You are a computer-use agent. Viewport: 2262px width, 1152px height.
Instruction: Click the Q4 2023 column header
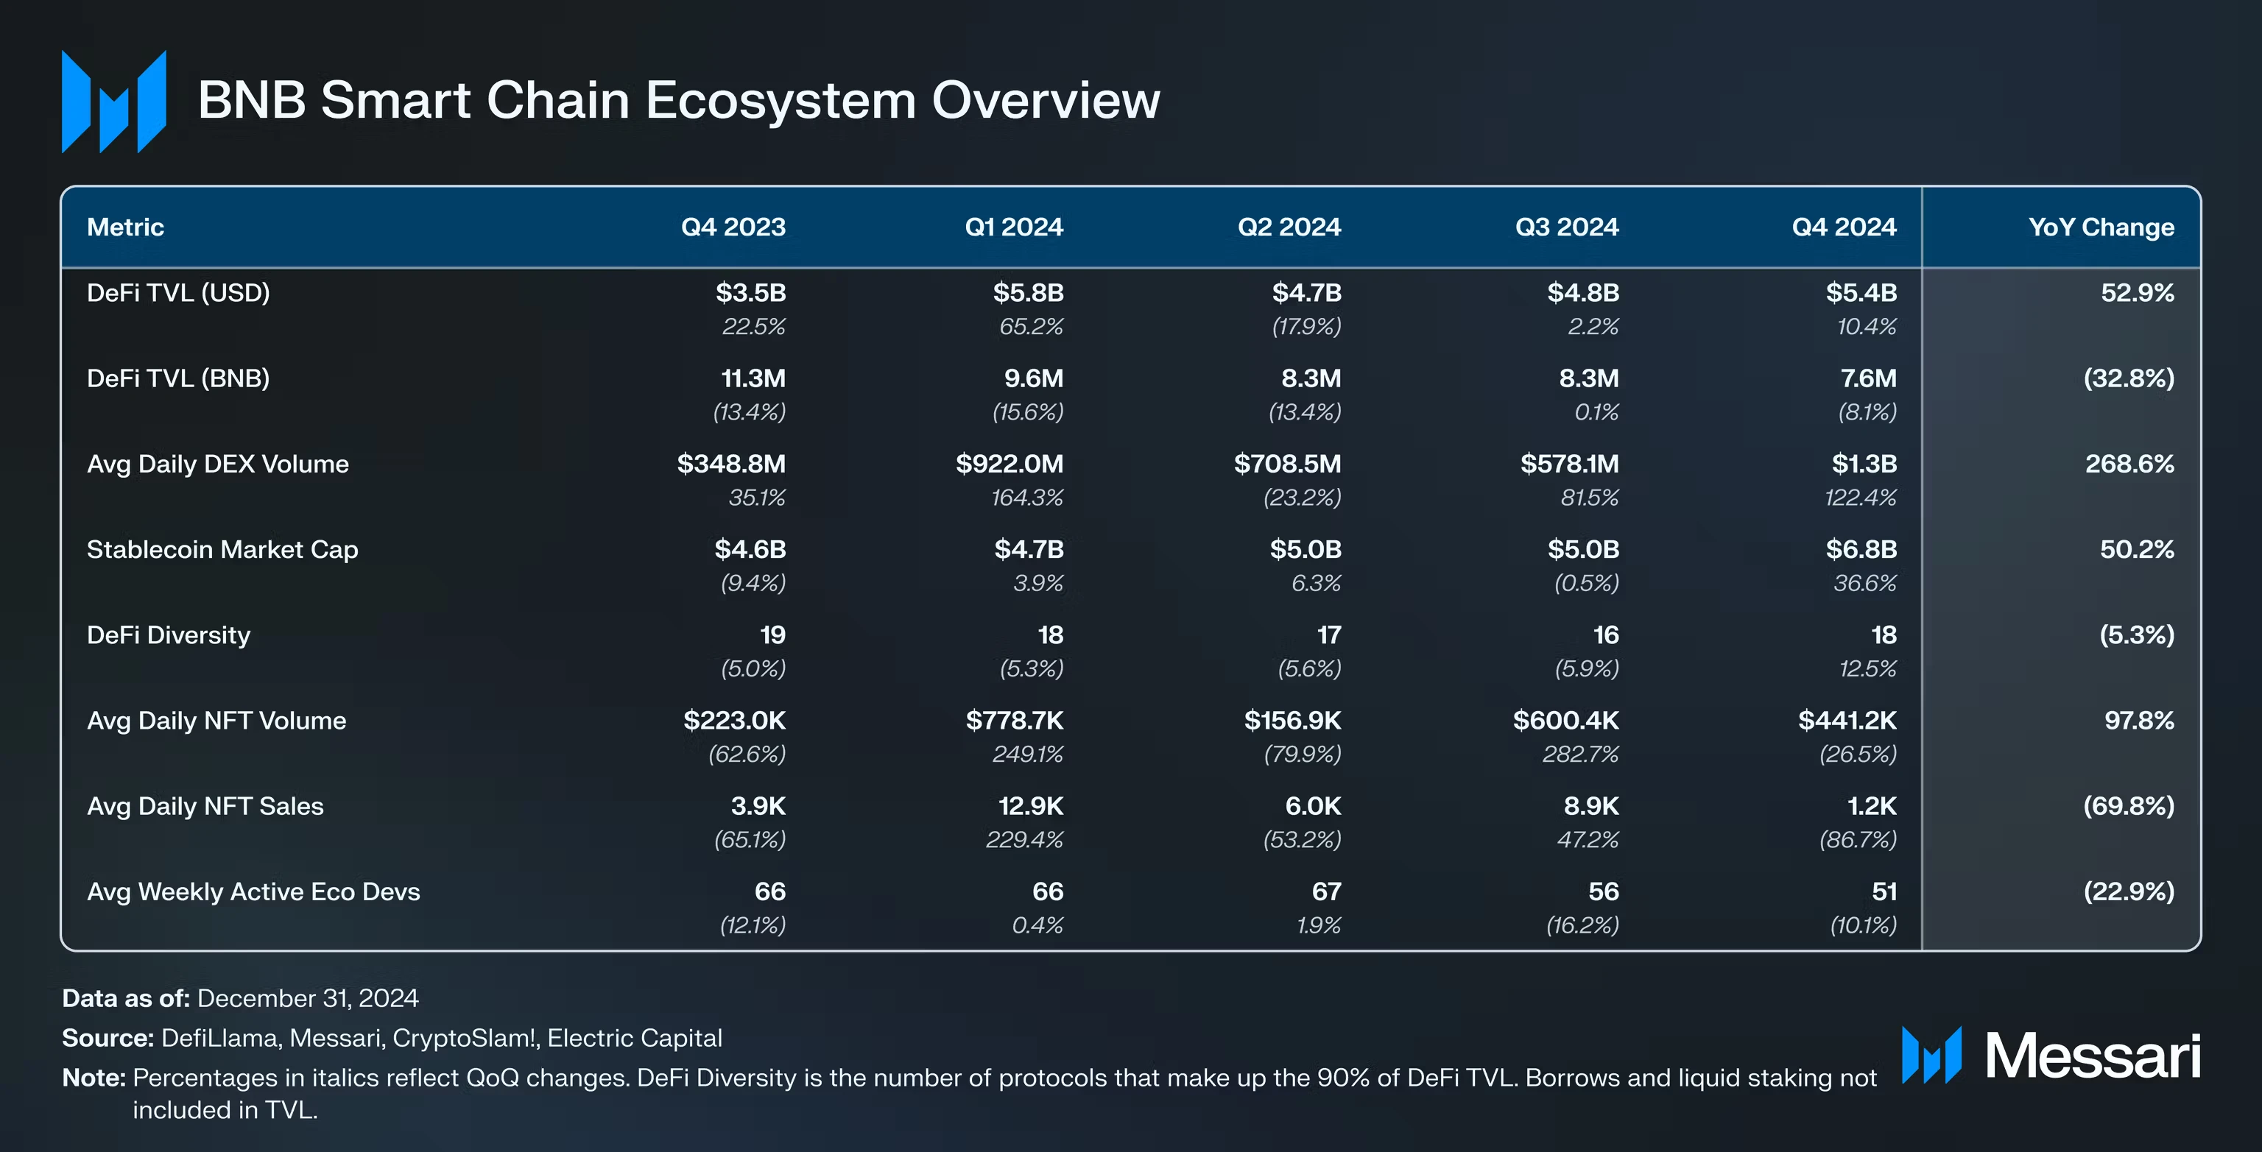(733, 227)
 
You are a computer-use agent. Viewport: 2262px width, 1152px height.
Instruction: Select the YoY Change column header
(2101, 227)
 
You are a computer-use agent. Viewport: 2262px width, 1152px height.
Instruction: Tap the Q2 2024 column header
(1289, 227)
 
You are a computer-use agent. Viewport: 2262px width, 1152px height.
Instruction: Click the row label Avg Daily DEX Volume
(218, 464)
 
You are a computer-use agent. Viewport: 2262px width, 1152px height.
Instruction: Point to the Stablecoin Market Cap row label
(222, 550)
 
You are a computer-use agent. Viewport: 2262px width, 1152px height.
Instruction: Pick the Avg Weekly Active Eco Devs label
(254, 892)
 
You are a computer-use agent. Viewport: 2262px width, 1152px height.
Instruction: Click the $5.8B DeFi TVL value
(1028, 292)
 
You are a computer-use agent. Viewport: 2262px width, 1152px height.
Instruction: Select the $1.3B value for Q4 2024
(1864, 464)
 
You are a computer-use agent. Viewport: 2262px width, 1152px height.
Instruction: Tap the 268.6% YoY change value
(2130, 464)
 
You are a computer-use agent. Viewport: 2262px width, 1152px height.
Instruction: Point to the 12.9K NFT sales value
(1031, 806)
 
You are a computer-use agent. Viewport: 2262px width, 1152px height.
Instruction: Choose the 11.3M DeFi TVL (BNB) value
(753, 378)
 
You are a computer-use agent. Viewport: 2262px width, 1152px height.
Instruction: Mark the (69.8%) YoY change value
(2129, 806)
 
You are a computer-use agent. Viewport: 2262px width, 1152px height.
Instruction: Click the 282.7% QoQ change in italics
(1581, 755)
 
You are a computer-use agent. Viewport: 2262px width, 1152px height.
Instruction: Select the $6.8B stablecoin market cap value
(1861, 550)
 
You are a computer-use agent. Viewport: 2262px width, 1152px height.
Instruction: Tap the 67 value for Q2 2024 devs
(1326, 892)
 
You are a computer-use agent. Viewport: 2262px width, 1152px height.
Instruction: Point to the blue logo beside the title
(114, 102)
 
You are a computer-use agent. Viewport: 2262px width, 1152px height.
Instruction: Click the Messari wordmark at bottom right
(2093, 1056)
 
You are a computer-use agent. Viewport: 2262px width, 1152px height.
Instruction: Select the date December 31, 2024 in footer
(309, 998)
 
